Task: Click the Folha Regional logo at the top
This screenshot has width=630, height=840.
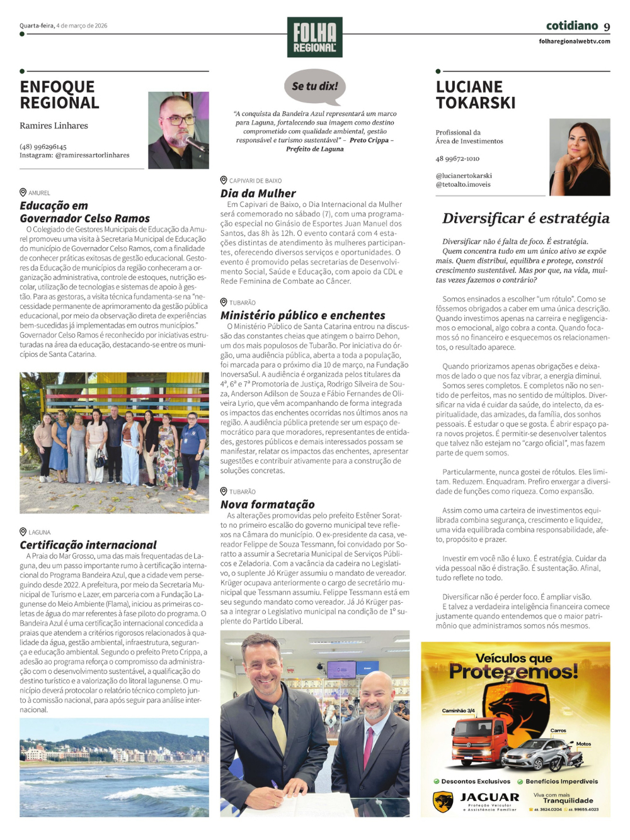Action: [x=314, y=37]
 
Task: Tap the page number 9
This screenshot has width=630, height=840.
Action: [x=607, y=26]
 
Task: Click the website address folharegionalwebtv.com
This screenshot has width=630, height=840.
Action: [x=574, y=42]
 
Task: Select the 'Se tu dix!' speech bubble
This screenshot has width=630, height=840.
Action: [x=315, y=86]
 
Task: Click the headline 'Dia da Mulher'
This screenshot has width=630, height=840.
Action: [x=258, y=193]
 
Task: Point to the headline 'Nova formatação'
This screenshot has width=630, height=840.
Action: [x=267, y=504]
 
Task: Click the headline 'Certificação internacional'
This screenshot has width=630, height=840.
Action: [x=88, y=545]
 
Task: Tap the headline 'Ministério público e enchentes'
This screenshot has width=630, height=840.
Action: [x=302, y=315]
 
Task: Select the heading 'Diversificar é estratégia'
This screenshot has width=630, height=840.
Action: [x=525, y=218]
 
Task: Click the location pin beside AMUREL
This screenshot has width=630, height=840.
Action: [x=23, y=193]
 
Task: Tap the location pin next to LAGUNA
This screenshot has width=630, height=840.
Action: [x=23, y=532]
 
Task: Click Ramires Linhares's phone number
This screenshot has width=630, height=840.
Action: [x=43, y=147]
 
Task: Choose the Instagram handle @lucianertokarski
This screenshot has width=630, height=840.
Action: [x=464, y=176]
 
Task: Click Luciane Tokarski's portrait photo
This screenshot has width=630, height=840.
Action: [x=580, y=157]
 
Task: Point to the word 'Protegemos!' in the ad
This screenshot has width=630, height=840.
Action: [x=513, y=672]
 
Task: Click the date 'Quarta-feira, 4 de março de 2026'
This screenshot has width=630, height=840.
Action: [x=63, y=26]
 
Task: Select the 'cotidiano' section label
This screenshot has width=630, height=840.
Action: [x=571, y=26]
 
